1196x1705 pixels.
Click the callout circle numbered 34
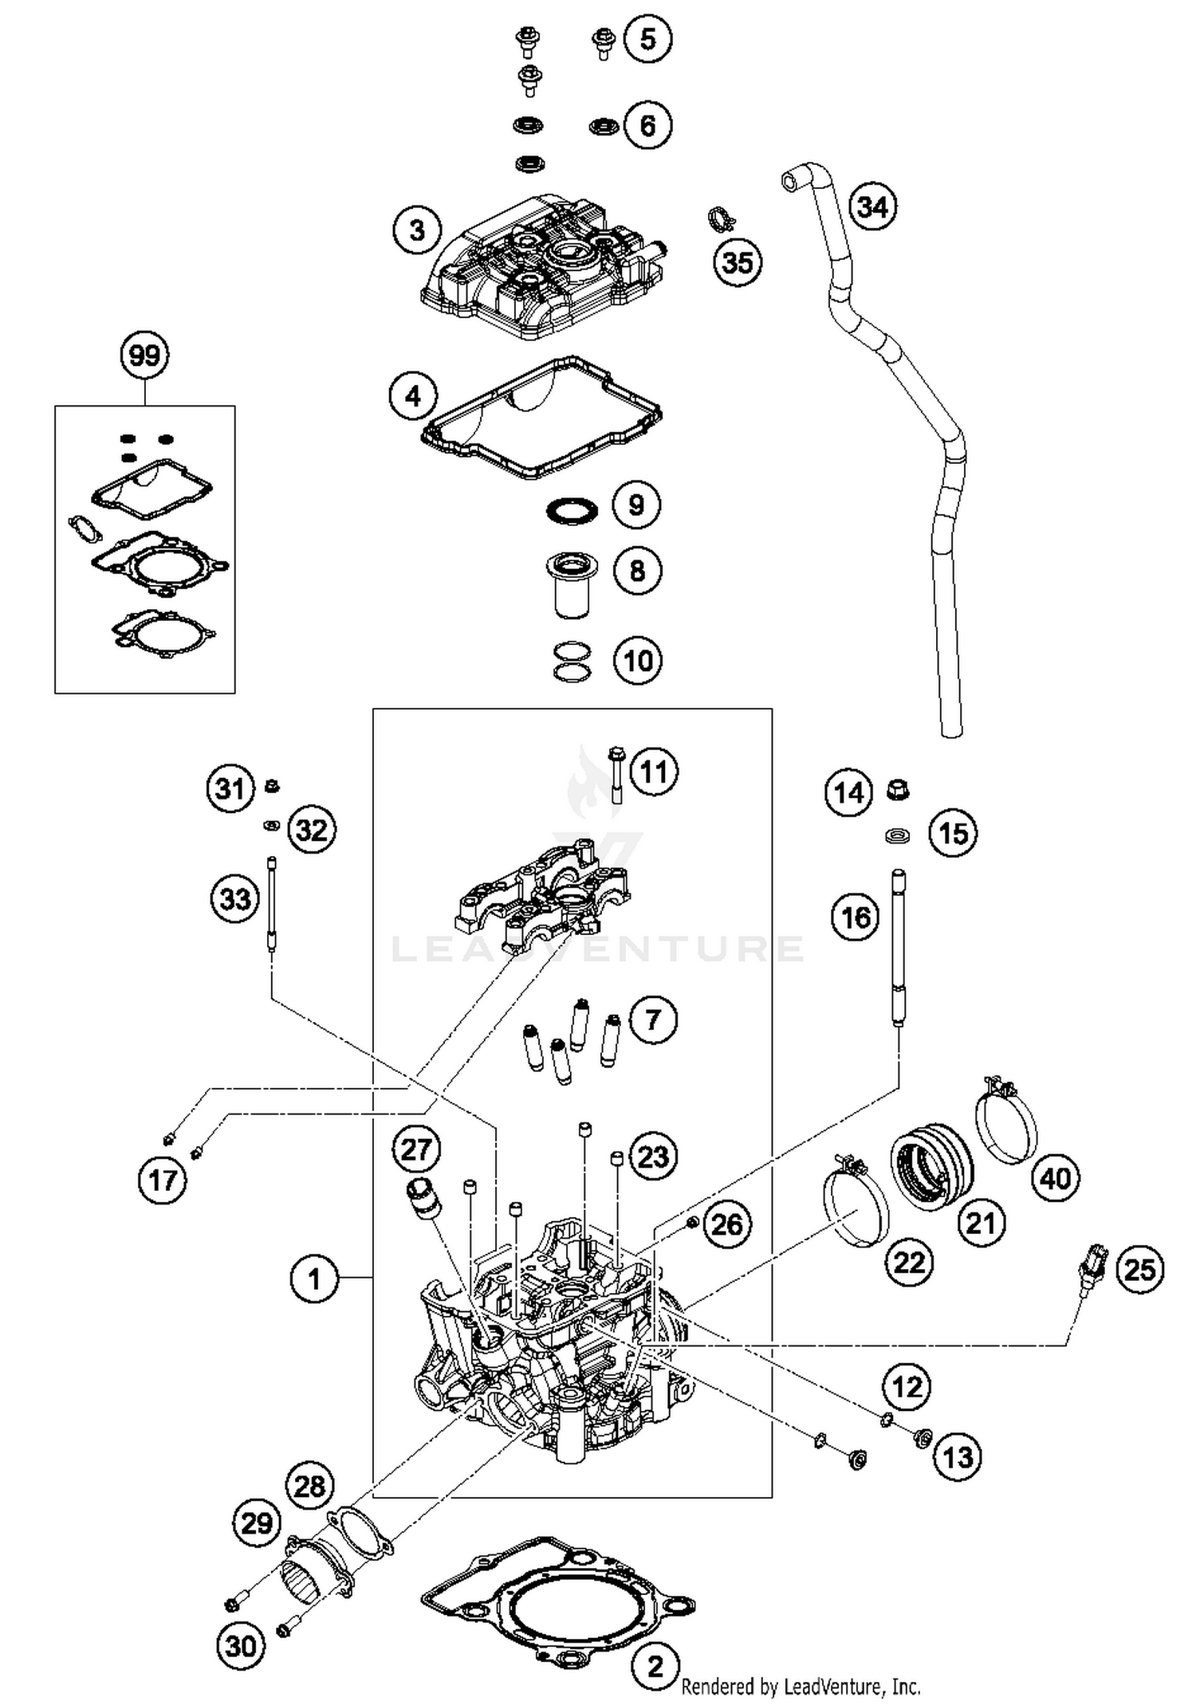tap(872, 207)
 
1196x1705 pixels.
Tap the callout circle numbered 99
tap(144, 355)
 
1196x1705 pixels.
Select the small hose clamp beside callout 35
tap(722, 218)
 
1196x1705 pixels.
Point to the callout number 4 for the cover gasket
tap(413, 395)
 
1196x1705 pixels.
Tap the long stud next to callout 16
tap(899, 948)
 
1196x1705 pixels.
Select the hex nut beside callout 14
tap(899, 791)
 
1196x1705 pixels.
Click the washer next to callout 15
tap(899, 836)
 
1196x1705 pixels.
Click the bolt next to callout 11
tap(616, 773)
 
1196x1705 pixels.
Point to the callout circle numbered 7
tap(652, 1019)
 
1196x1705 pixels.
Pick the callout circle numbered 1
tap(314, 1279)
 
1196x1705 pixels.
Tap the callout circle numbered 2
tap(655, 1665)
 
